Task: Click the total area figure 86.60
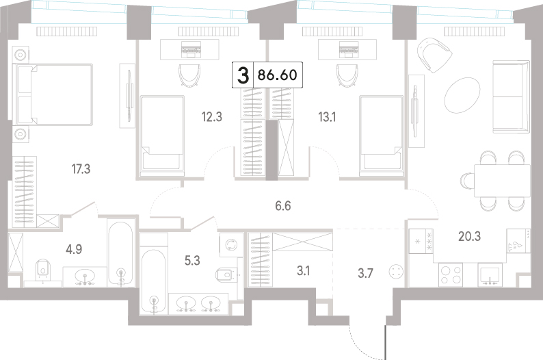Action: [x=278, y=75]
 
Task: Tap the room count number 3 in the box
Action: [x=243, y=75]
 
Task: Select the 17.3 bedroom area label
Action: [x=81, y=169]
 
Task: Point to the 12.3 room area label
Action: [x=212, y=117]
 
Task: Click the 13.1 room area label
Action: [x=327, y=117]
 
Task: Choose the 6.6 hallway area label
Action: [x=283, y=206]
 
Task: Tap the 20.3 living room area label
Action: [x=470, y=236]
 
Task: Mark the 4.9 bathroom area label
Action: [x=74, y=249]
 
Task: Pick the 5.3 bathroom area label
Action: [x=192, y=260]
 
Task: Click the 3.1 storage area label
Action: [x=304, y=271]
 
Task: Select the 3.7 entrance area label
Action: [x=365, y=273]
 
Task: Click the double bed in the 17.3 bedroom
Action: [x=53, y=94]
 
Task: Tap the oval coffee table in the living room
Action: [x=462, y=94]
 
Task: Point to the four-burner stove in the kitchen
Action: [x=451, y=274]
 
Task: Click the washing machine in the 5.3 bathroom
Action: [x=230, y=244]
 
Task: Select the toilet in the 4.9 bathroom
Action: [x=43, y=270]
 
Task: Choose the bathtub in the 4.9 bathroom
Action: [x=120, y=253]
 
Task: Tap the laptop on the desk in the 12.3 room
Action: [x=191, y=49]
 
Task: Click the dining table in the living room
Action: [x=501, y=181]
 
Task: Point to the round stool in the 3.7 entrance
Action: [x=396, y=271]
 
